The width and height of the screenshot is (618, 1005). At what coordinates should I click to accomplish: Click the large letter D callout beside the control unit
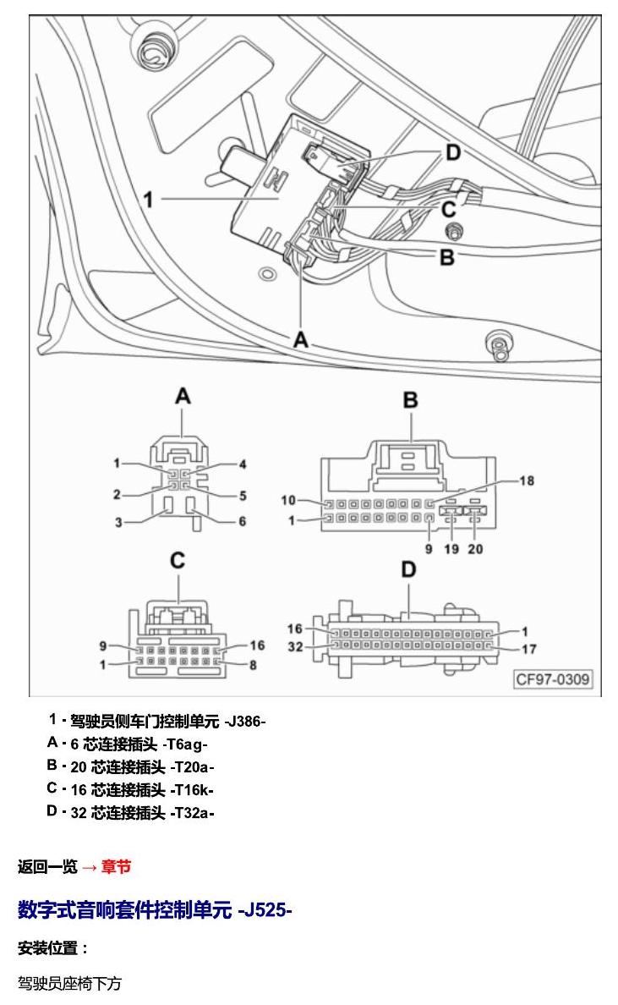(x=453, y=152)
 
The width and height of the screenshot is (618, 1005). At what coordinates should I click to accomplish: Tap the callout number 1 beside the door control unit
(x=149, y=200)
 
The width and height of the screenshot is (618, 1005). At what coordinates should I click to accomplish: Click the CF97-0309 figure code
(x=553, y=678)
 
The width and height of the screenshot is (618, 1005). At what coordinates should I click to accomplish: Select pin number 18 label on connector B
(x=527, y=481)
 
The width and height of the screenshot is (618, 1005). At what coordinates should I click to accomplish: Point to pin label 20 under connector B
(x=474, y=549)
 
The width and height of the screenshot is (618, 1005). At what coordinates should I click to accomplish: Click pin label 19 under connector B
(x=451, y=549)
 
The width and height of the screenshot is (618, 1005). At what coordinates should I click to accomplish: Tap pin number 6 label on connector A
(x=242, y=521)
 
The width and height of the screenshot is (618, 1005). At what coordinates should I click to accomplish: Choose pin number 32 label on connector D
(x=295, y=646)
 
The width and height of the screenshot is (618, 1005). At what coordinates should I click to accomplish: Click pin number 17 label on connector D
(x=529, y=650)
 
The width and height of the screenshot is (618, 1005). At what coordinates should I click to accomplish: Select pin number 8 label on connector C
(x=252, y=665)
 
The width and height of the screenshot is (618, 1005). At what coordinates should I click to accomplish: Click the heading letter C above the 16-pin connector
(x=178, y=561)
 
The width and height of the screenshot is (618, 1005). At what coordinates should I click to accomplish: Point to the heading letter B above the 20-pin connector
(x=411, y=400)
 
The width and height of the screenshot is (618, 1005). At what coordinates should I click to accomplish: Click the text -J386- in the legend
(x=244, y=721)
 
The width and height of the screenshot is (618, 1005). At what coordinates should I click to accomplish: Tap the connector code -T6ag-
(x=185, y=744)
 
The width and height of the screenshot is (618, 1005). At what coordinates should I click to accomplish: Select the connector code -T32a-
(x=192, y=813)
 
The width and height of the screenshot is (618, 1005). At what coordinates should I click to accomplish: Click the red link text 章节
(x=116, y=866)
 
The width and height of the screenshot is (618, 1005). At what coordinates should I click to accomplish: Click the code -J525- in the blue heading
(x=265, y=909)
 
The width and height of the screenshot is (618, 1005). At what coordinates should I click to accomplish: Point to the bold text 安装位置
(x=47, y=948)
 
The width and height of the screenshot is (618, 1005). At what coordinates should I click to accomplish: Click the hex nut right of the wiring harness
(x=453, y=231)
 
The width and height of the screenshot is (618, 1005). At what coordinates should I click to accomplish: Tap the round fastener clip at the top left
(x=152, y=47)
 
